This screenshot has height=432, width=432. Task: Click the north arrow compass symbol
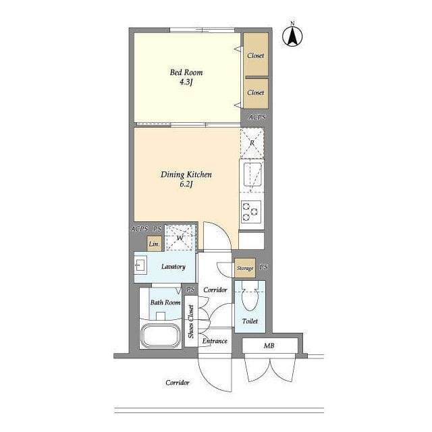pos(292,35)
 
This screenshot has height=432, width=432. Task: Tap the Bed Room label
pos(186,72)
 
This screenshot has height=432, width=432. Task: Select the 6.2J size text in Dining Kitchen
pos(186,184)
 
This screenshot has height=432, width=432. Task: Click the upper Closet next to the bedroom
pos(256,54)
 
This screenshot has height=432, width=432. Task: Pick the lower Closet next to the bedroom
pos(256,94)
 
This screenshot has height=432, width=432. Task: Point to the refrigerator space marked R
pos(252,143)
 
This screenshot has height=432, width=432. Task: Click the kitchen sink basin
pos(252,174)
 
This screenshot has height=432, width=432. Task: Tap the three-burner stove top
pos(251,211)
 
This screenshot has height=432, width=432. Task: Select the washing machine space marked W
pos(180,238)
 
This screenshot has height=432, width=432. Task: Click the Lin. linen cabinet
pos(155,244)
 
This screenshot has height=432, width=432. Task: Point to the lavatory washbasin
pos(140,265)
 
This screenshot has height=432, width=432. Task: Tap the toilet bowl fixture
pos(250,297)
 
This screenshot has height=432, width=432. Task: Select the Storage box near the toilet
pos(245,268)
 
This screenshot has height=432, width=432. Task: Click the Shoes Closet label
pos(191,321)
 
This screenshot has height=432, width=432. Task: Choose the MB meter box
pos(270,346)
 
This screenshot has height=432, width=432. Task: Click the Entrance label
pos(215,341)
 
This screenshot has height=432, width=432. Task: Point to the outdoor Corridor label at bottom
pos(178,383)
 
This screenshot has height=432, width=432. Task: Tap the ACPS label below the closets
pos(257,117)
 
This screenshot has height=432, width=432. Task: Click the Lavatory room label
pos(173,267)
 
